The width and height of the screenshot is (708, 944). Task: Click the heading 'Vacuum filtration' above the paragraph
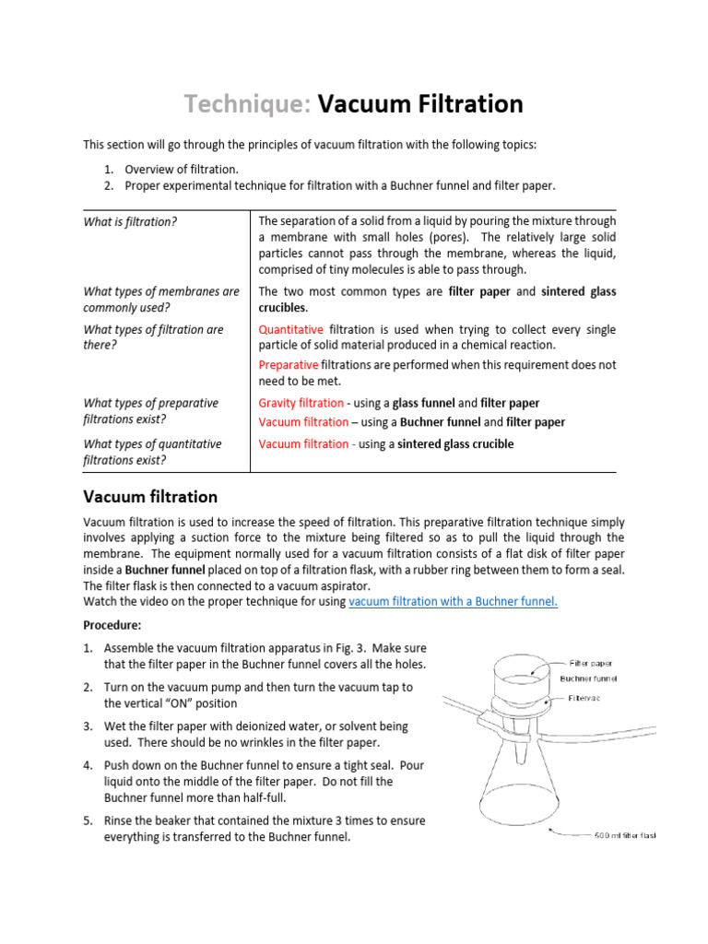(x=150, y=497)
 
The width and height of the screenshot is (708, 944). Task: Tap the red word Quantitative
(x=290, y=329)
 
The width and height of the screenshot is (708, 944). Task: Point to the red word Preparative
(x=289, y=365)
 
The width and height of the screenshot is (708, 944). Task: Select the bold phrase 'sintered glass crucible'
(x=455, y=443)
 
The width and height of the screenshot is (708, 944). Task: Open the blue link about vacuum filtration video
(x=454, y=601)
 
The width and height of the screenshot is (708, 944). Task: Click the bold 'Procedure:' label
(x=112, y=625)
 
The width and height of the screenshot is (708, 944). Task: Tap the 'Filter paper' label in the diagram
(x=590, y=663)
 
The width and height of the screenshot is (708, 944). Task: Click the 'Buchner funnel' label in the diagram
(x=589, y=678)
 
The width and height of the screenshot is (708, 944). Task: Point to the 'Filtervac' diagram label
(x=586, y=698)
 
